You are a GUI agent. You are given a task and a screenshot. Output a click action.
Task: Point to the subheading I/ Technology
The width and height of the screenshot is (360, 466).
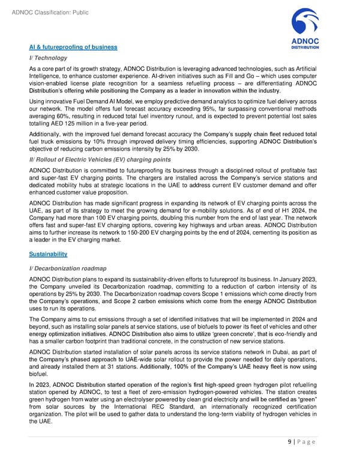(x=47, y=58)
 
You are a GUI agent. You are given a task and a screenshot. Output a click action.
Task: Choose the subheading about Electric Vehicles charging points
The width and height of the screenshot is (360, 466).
(x=100, y=159)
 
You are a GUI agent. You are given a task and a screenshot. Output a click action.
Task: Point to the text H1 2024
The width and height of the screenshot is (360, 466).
(x=272, y=210)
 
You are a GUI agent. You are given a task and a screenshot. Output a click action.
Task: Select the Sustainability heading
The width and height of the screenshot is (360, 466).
(x=50, y=254)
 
